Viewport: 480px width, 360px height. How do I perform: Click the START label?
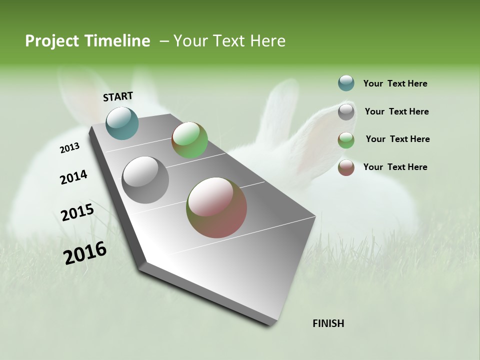(118, 96)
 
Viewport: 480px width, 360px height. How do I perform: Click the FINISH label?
(328, 323)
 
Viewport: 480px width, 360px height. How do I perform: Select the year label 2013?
(69, 148)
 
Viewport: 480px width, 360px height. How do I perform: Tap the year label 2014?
(73, 177)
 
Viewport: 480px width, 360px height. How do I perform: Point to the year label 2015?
(77, 212)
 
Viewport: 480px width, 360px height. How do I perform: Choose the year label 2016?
(85, 252)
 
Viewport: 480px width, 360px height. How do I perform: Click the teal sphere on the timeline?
(122, 123)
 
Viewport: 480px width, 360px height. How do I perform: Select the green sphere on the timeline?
(189, 140)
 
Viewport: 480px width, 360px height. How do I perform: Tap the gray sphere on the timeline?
(145, 180)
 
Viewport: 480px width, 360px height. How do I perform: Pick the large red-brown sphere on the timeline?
(216, 207)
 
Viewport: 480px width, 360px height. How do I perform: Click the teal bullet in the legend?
(346, 83)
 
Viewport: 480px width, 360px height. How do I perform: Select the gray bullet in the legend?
(346, 112)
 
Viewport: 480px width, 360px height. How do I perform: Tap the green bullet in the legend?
(346, 140)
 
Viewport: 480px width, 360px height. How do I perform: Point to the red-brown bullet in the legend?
(346, 167)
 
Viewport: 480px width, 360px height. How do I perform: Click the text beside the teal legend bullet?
(395, 83)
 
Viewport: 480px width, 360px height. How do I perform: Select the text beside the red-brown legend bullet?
(395, 167)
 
